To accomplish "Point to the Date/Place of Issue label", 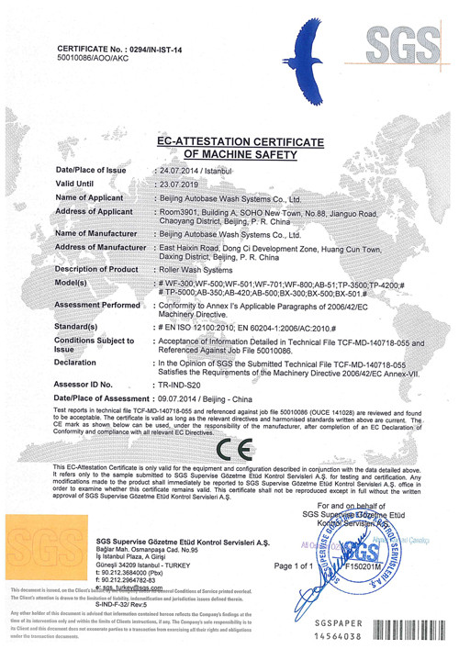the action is click(91, 171).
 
